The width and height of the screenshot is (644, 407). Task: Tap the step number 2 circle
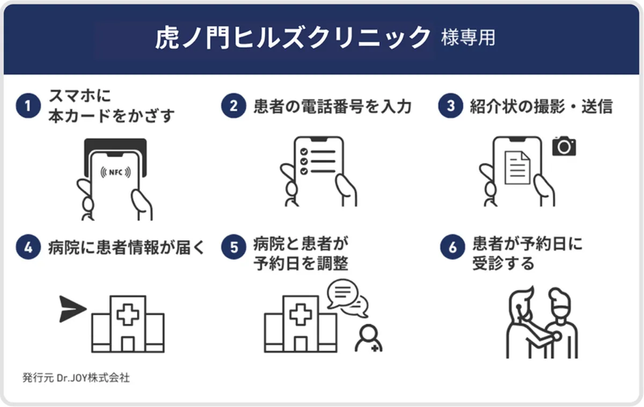(x=234, y=106)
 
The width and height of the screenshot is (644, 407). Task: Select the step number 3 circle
(x=450, y=106)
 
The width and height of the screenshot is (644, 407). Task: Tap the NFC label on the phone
(x=115, y=172)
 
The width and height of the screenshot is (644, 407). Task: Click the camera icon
(x=563, y=146)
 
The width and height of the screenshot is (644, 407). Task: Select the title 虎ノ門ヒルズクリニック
(x=293, y=38)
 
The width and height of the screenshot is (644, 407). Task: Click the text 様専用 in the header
(x=467, y=38)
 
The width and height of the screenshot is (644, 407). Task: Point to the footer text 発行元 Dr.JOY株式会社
(x=76, y=377)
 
